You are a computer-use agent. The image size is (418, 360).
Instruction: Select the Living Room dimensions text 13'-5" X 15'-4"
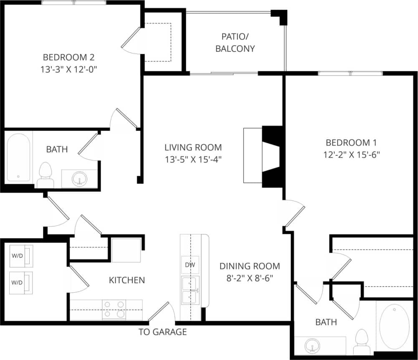coord(193,159)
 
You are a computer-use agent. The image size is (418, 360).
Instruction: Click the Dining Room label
coord(250,266)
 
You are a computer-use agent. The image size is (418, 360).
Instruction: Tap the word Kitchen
coord(127,280)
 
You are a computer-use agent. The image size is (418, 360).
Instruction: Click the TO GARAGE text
coord(162,332)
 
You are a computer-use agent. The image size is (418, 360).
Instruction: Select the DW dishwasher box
coord(190,265)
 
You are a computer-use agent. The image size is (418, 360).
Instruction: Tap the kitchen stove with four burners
coord(114,309)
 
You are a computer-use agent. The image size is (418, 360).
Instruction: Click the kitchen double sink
coord(190,290)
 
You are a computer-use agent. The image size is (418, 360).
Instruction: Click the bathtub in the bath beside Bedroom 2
coord(18,157)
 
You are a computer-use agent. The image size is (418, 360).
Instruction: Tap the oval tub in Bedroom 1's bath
coord(394,325)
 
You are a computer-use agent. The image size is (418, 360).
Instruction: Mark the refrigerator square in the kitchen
coord(126,250)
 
